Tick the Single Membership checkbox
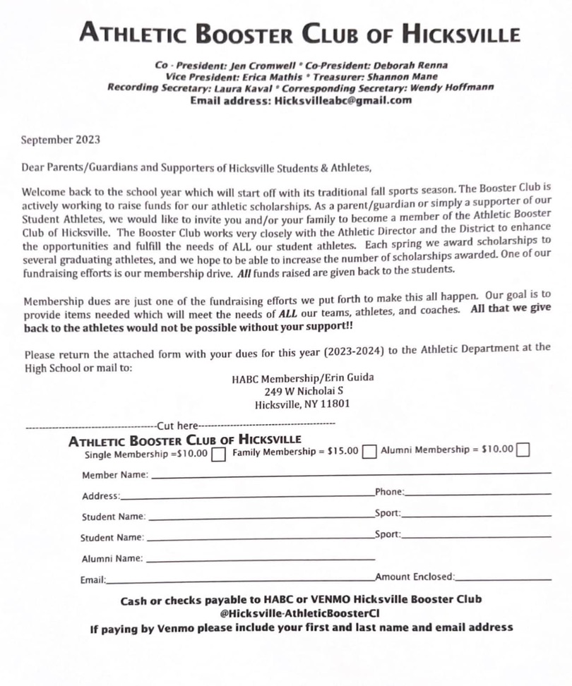(218, 454)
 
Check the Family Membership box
(369, 453)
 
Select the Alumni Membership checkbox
(523, 450)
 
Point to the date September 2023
(61, 140)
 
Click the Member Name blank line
(350, 475)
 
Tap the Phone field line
(477, 494)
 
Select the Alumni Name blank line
(260, 560)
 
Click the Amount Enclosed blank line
(504, 579)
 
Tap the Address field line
(247, 498)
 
